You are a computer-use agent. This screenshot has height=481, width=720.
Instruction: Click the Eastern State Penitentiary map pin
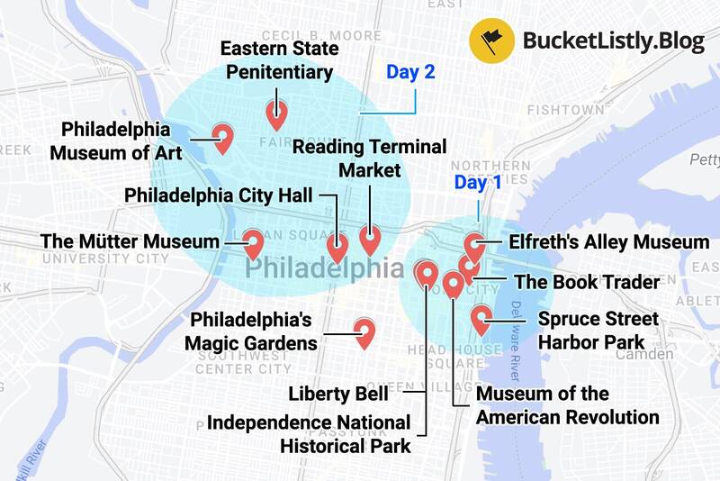276,113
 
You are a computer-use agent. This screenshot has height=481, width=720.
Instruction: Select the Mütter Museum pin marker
254,243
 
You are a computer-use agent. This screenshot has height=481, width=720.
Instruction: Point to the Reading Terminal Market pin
370,239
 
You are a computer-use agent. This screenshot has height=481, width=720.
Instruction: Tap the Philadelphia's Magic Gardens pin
364,331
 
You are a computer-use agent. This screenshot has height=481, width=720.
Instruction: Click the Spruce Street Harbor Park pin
481,319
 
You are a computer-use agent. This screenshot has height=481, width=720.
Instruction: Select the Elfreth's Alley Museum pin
474,244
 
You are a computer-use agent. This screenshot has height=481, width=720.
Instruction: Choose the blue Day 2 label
410,72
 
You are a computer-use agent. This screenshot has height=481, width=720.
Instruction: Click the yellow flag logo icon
490,40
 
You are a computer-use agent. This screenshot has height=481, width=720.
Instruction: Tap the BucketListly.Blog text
613,41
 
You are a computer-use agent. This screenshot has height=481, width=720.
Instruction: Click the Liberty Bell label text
338,394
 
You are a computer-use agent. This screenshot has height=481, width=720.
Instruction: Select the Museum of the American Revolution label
567,405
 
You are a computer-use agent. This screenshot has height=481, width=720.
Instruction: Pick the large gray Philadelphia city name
324,268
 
